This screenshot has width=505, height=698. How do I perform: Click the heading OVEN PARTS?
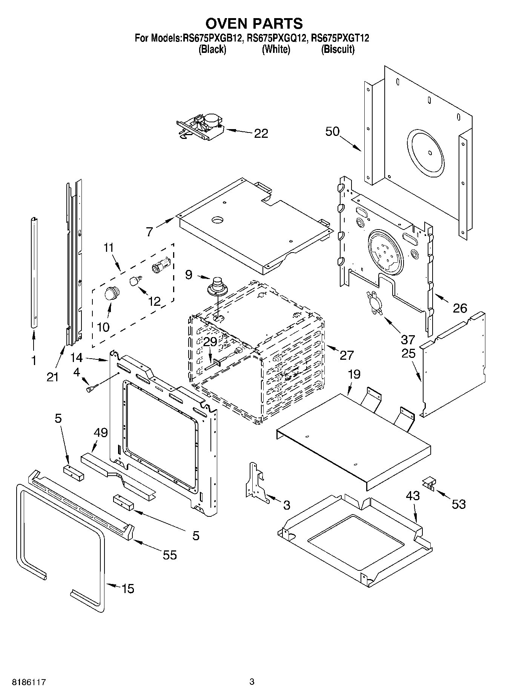254,23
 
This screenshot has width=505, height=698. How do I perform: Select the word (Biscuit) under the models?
338,49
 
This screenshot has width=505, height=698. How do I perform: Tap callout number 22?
261,133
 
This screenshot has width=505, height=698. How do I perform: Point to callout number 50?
332,132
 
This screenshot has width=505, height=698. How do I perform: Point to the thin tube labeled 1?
34,272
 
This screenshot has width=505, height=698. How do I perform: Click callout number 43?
413,495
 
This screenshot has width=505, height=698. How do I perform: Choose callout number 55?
170,555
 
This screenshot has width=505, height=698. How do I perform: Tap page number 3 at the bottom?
252,682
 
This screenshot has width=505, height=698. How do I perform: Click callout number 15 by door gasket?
128,588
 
